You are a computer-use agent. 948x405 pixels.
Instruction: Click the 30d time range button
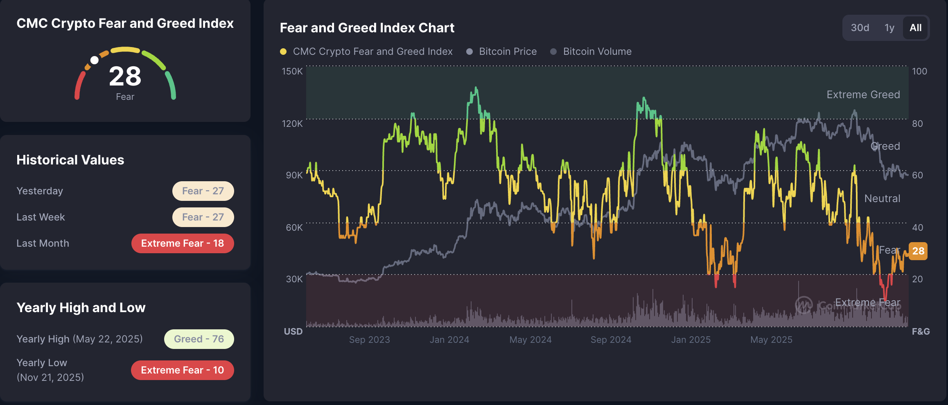tap(860, 28)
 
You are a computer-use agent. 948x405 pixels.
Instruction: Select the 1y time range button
tap(889, 28)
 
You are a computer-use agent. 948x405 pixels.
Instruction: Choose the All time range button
tap(915, 28)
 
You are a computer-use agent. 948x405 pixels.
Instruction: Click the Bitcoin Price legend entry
tap(508, 52)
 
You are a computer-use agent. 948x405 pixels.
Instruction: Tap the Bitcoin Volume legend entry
tap(597, 52)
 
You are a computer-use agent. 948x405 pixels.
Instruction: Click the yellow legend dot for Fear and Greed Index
tap(283, 52)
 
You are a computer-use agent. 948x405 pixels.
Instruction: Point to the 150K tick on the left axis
tap(292, 71)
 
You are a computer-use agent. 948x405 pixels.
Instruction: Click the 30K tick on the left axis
tap(294, 279)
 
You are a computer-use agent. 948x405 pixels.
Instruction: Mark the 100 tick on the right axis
tap(919, 71)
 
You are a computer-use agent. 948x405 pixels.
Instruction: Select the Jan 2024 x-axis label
tap(449, 340)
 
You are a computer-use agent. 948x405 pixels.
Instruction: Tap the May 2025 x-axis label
tap(771, 340)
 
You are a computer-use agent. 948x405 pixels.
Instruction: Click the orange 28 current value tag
tap(918, 251)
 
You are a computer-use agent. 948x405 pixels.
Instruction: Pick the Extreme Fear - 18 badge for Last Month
tap(183, 243)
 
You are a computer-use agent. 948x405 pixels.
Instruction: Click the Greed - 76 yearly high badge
tap(199, 339)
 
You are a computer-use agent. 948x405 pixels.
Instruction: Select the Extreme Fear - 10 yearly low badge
tap(183, 370)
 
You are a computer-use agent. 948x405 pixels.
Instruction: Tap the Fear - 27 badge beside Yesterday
tap(203, 191)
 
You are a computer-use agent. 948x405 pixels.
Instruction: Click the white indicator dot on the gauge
tap(95, 60)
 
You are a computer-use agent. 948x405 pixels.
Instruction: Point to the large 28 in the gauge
tap(125, 76)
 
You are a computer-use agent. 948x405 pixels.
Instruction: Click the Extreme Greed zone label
tap(863, 94)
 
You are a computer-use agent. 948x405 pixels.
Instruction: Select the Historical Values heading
tap(70, 160)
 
